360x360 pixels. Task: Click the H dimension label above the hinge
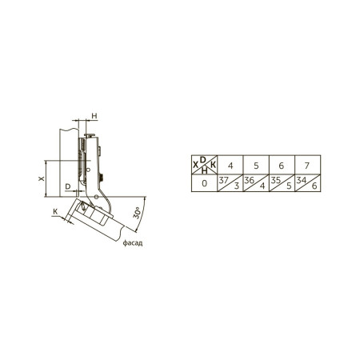tap(94, 116)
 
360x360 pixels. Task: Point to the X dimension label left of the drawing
tap(42, 178)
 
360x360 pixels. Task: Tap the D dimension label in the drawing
tap(68, 186)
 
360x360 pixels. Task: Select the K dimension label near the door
tap(55, 212)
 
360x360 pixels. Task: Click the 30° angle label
tap(137, 213)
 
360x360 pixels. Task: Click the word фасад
tap(133, 243)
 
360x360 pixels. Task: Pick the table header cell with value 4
tap(230, 166)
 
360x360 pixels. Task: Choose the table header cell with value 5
tap(256, 166)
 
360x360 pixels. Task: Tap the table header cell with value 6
tap(282, 166)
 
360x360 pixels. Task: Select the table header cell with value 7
tap(307, 166)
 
